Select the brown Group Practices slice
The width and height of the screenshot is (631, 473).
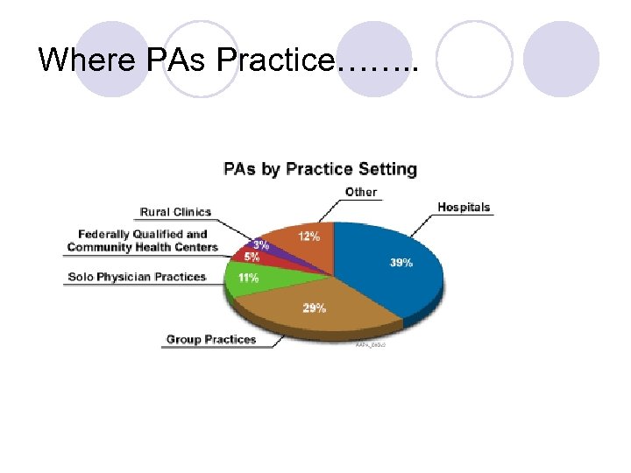coord(298,307)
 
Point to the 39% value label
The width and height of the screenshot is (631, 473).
coord(401,263)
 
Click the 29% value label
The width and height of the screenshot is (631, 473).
coord(315,307)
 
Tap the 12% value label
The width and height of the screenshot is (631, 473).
coord(308,236)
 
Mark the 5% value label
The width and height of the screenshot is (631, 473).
coord(252,258)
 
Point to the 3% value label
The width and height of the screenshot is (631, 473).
coord(261,245)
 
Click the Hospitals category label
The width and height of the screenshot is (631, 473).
coord(464,208)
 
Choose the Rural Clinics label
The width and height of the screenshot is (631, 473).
coord(175,212)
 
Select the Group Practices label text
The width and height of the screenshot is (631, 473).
coord(211,339)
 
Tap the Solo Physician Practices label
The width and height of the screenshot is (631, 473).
coord(137,277)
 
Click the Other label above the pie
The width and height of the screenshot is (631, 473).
coord(361,192)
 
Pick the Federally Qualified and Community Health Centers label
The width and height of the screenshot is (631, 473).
coord(143,241)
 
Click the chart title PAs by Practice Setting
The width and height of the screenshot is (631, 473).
coord(320,169)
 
